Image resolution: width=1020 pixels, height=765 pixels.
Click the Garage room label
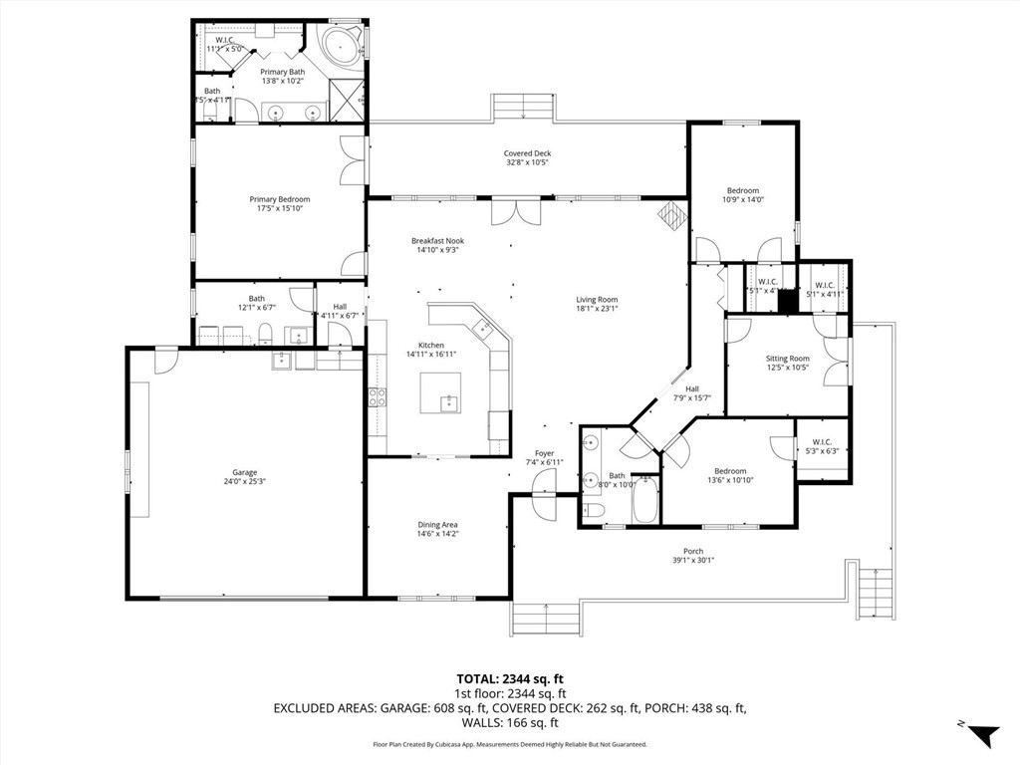[245, 472]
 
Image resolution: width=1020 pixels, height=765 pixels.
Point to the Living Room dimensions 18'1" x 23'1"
[597, 309]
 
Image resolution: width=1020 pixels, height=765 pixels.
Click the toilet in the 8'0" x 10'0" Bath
[595, 511]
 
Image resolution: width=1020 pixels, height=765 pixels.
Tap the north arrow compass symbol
[982, 735]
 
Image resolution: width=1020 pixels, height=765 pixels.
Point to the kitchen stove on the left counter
[378, 397]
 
